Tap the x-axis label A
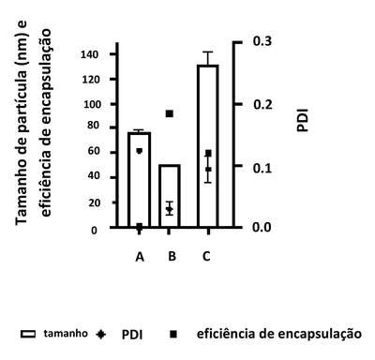pos(140,257)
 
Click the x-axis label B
pos(172,256)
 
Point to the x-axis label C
pos(206,256)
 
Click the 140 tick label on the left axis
pos(90,54)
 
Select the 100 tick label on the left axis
pos(92,104)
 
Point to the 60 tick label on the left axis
pos(93,151)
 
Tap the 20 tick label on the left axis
pos(94,202)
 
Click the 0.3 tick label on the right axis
pos(262,41)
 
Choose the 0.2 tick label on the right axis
pos(262,104)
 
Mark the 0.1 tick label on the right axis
pos(262,168)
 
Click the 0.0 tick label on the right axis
pos(262,227)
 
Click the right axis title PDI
pos(302,120)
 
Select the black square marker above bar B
pos(170,113)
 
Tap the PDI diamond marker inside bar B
pos(169,209)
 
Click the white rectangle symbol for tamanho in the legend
pos(28,334)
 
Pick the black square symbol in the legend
pos(173,335)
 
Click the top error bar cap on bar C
pos(207,52)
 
